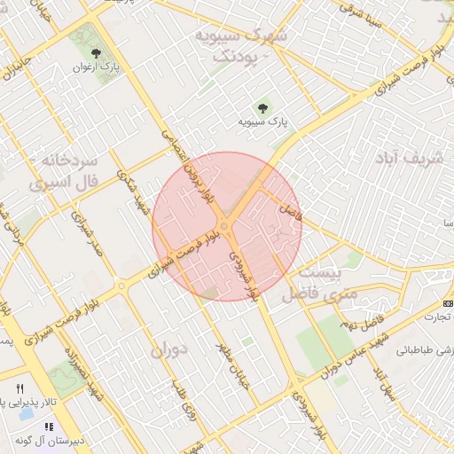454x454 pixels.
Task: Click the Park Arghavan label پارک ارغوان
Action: tap(98, 67)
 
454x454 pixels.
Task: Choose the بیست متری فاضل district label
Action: tap(317, 283)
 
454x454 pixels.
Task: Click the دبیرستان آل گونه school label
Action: tap(53, 440)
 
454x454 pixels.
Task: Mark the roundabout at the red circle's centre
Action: tap(227, 227)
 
